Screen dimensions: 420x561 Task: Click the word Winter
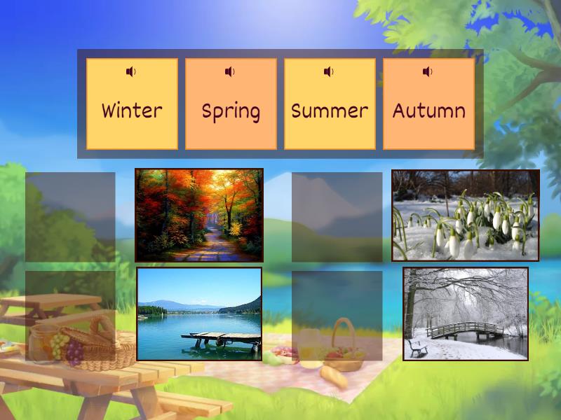tap(132, 111)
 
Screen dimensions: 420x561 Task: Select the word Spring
tap(231, 111)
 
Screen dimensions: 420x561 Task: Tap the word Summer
tap(330, 111)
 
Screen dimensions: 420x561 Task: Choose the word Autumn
tap(428, 111)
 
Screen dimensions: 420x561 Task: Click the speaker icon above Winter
tap(131, 71)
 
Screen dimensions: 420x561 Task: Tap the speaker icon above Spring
tap(230, 71)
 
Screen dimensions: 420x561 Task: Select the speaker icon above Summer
tap(329, 71)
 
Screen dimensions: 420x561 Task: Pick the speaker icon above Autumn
tap(428, 71)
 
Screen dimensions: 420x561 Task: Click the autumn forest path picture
tap(199, 215)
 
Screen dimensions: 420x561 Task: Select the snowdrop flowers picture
tap(466, 215)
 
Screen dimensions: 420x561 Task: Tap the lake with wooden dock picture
tap(199, 314)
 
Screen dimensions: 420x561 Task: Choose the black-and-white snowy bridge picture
tap(466, 314)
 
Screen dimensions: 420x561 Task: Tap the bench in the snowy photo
tap(418, 346)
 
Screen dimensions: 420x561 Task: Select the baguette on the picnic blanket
tap(334, 377)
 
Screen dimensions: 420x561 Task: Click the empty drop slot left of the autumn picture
tap(70, 217)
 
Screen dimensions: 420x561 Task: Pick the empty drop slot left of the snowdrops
tap(337, 217)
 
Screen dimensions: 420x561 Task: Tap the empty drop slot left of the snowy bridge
tap(337, 316)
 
